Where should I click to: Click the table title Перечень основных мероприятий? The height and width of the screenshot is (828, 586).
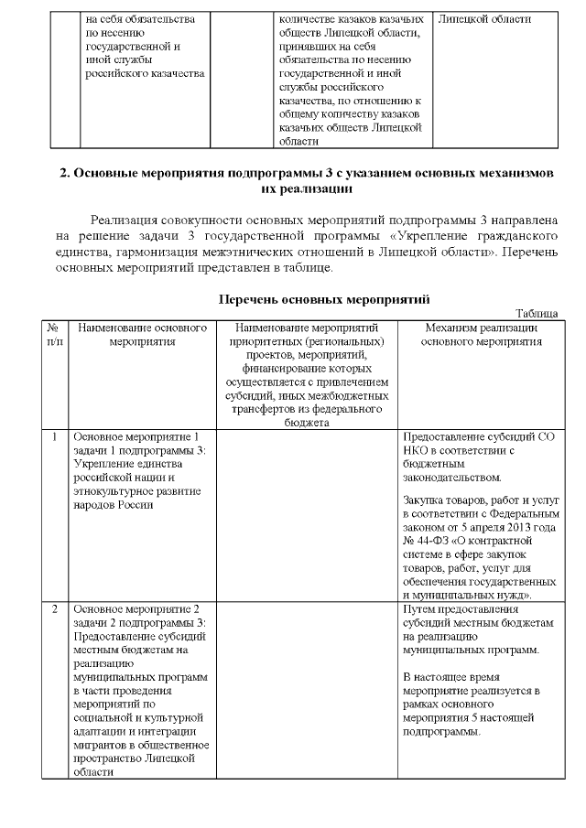[x=324, y=299]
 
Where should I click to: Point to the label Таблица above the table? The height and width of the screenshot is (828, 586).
[x=537, y=313]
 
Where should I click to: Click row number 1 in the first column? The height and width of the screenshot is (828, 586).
[x=55, y=437]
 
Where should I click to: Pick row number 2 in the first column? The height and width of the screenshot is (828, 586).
[x=55, y=608]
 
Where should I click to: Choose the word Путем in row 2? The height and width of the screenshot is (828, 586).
[x=420, y=608]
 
